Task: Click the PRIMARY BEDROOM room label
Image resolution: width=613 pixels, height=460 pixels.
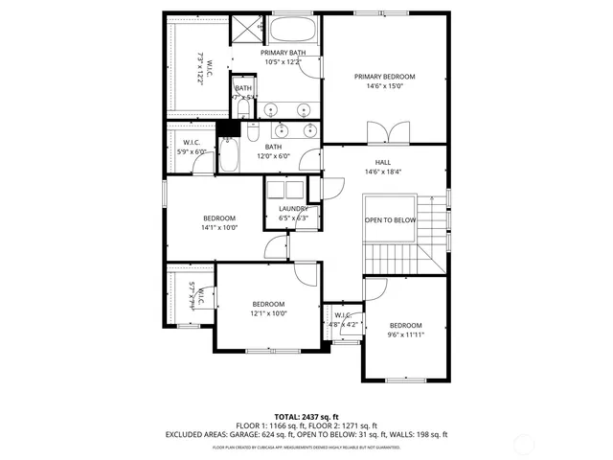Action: [384, 77]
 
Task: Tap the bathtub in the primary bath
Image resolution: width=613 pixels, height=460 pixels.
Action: [294, 29]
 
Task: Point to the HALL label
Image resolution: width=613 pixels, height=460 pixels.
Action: [383, 162]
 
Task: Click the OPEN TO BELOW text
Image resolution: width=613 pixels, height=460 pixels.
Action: [390, 220]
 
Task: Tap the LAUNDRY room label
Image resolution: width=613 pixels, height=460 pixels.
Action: [293, 208]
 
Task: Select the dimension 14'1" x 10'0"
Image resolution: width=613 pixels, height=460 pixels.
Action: [218, 228]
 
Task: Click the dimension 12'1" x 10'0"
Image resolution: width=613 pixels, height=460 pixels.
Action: [269, 313]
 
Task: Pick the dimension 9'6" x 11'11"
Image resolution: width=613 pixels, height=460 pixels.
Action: [405, 334]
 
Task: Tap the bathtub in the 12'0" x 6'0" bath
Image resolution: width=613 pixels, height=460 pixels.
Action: [230, 156]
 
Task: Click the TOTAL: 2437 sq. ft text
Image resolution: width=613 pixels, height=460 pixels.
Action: [306, 417]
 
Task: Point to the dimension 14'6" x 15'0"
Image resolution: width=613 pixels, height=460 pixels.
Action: [384, 86]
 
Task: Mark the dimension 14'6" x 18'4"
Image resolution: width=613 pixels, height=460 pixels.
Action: [383, 172]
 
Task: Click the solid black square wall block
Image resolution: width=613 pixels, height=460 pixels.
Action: [226, 129]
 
